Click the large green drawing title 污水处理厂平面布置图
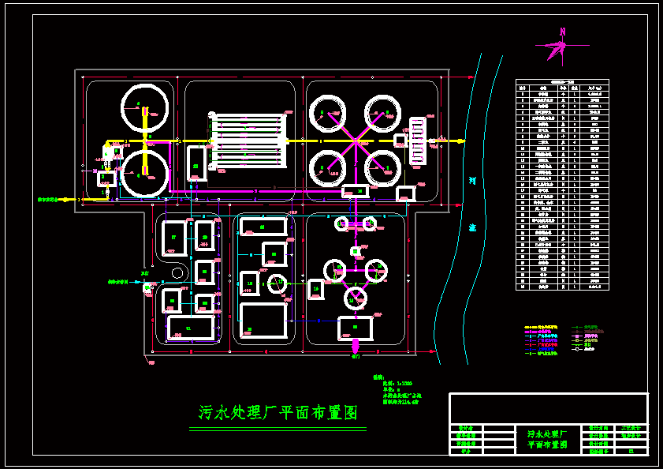(x=277, y=413)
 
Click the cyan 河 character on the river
(x=472, y=181)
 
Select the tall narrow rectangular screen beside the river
(x=418, y=141)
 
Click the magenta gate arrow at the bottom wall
(x=355, y=347)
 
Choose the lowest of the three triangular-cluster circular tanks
(x=356, y=298)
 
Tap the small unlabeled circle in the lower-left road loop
(x=178, y=273)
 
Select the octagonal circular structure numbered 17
(x=277, y=283)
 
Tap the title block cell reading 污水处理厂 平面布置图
(x=546, y=439)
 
